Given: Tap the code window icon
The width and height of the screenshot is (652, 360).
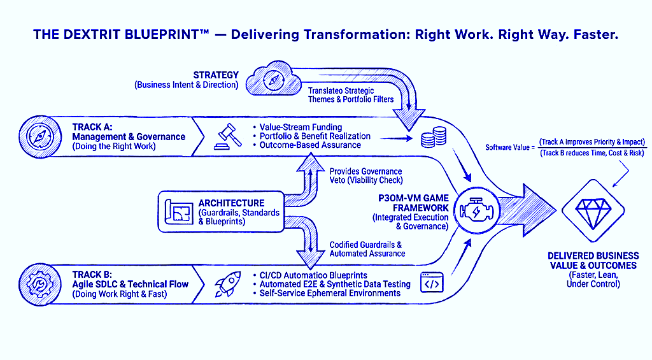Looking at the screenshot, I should coord(433,282).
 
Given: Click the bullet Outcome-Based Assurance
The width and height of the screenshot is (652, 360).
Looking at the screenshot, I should coord(310,145).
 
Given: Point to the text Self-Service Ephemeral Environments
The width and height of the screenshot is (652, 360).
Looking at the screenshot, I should coord(330,293).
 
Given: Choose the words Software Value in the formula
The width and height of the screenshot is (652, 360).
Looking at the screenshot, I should coord(508,147).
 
